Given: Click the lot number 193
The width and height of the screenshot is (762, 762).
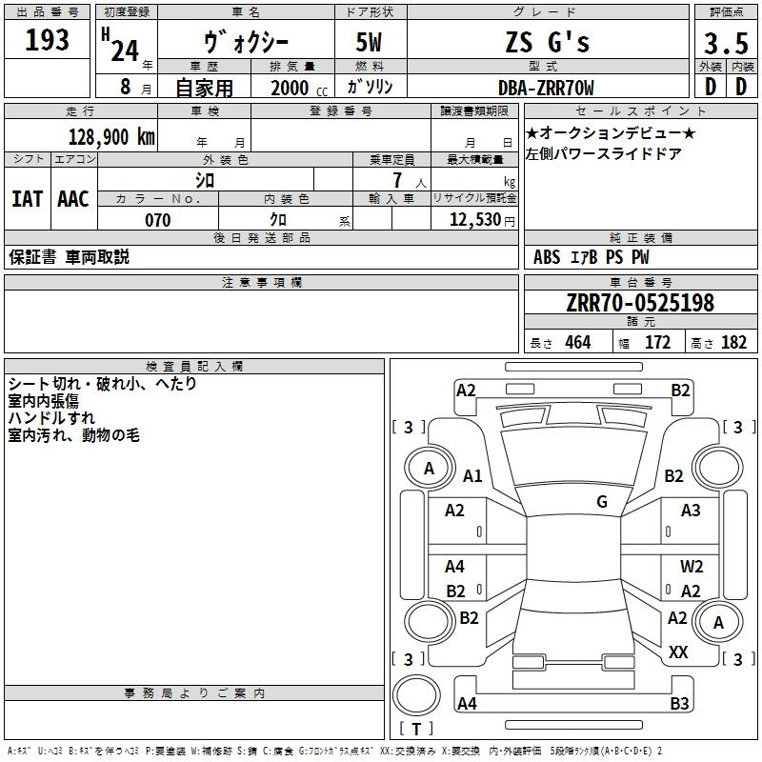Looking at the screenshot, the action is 48,40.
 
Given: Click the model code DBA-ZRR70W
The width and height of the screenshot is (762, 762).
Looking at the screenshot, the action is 547,88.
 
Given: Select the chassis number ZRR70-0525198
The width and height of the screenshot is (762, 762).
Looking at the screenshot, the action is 639,303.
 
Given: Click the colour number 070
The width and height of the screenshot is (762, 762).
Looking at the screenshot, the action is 158,220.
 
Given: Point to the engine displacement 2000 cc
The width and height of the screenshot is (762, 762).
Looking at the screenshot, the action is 296,88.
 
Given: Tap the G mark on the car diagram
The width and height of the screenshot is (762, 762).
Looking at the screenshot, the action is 602,502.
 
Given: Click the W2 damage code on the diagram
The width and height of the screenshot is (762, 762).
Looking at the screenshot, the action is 692,567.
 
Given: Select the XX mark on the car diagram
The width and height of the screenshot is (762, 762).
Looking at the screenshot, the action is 678,652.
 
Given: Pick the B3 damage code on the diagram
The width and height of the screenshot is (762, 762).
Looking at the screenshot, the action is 679,704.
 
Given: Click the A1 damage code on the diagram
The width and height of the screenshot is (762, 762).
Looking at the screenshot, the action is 472,476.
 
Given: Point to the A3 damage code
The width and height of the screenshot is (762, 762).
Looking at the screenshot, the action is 691,511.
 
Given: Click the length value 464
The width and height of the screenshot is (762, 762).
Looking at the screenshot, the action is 577,343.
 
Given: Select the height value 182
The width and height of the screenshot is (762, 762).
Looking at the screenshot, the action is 733,343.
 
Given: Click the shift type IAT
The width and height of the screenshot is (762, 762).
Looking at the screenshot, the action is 27,198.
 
